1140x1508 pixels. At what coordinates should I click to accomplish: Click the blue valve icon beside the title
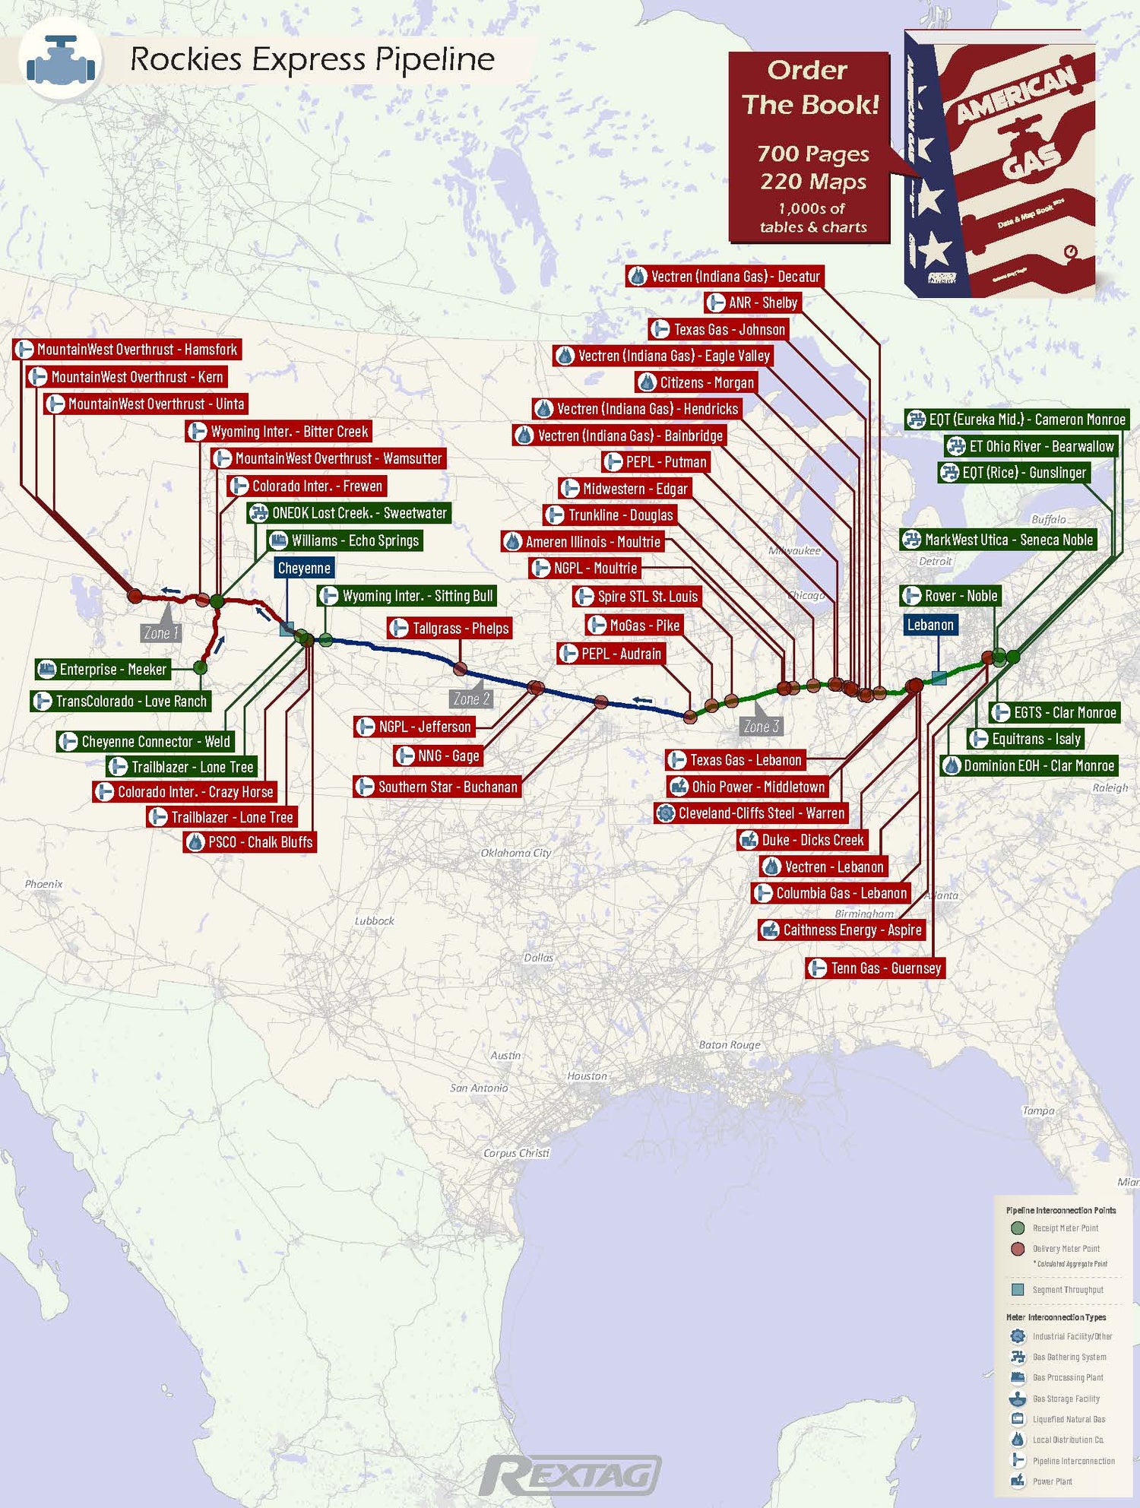pyautogui.click(x=60, y=61)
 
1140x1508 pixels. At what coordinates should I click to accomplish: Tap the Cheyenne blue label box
pyautogui.click(x=304, y=568)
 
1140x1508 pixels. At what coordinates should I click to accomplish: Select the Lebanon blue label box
pyautogui.click(x=929, y=625)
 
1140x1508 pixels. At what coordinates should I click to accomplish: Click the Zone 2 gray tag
pyautogui.click(x=471, y=699)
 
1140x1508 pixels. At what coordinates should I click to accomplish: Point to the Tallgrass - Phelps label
pyautogui.click(x=450, y=629)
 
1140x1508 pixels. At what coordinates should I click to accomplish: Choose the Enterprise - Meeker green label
pyautogui.click(x=103, y=670)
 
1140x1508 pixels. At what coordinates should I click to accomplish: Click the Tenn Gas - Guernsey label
pyautogui.click(x=876, y=968)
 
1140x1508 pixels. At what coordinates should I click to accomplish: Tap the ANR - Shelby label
pyautogui.click(x=753, y=303)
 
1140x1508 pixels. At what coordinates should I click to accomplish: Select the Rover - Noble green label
pyautogui.click(x=951, y=596)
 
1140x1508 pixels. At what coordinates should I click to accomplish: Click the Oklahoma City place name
pyautogui.click(x=515, y=853)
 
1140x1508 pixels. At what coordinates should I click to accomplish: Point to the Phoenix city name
pyautogui.click(x=43, y=884)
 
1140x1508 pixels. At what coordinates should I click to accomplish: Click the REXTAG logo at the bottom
pyautogui.click(x=570, y=1475)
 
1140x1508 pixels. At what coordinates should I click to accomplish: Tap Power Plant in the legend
pyautogui.click(x=1052, y=1481)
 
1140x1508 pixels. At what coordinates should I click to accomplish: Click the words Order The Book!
pyautogui.click(x=809, y=87)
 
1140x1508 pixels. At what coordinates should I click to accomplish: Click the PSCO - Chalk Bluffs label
pyautogui.click(x=249, y=842)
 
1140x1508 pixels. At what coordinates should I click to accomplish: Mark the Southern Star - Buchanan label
pyautogui.click(x=438, y=787)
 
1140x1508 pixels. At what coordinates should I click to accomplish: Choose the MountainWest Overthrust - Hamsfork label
pyautogui.click(x=128, y=350)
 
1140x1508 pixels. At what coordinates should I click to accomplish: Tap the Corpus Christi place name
pyautogui.click(x=516, y=1153)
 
